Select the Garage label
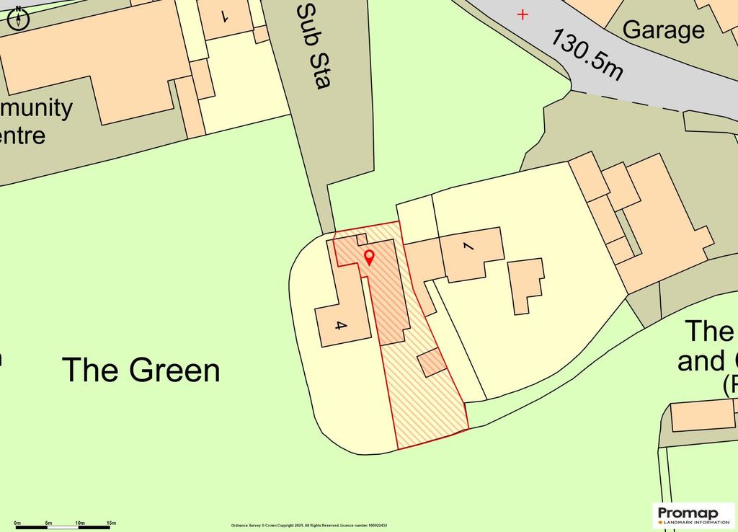coord(663,30)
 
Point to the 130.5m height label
coord(587,55)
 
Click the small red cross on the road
coord(523,14)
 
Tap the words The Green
coord(141,370)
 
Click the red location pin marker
coord(370,257)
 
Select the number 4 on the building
coord(342,326)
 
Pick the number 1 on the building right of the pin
coord(468,248)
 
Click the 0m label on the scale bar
coord(18,522)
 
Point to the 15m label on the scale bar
coord(111,522)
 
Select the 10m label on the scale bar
coord(80,522)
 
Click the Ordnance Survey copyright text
coord(309,526)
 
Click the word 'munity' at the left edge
coord(37,108)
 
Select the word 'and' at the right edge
coord(702,360)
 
